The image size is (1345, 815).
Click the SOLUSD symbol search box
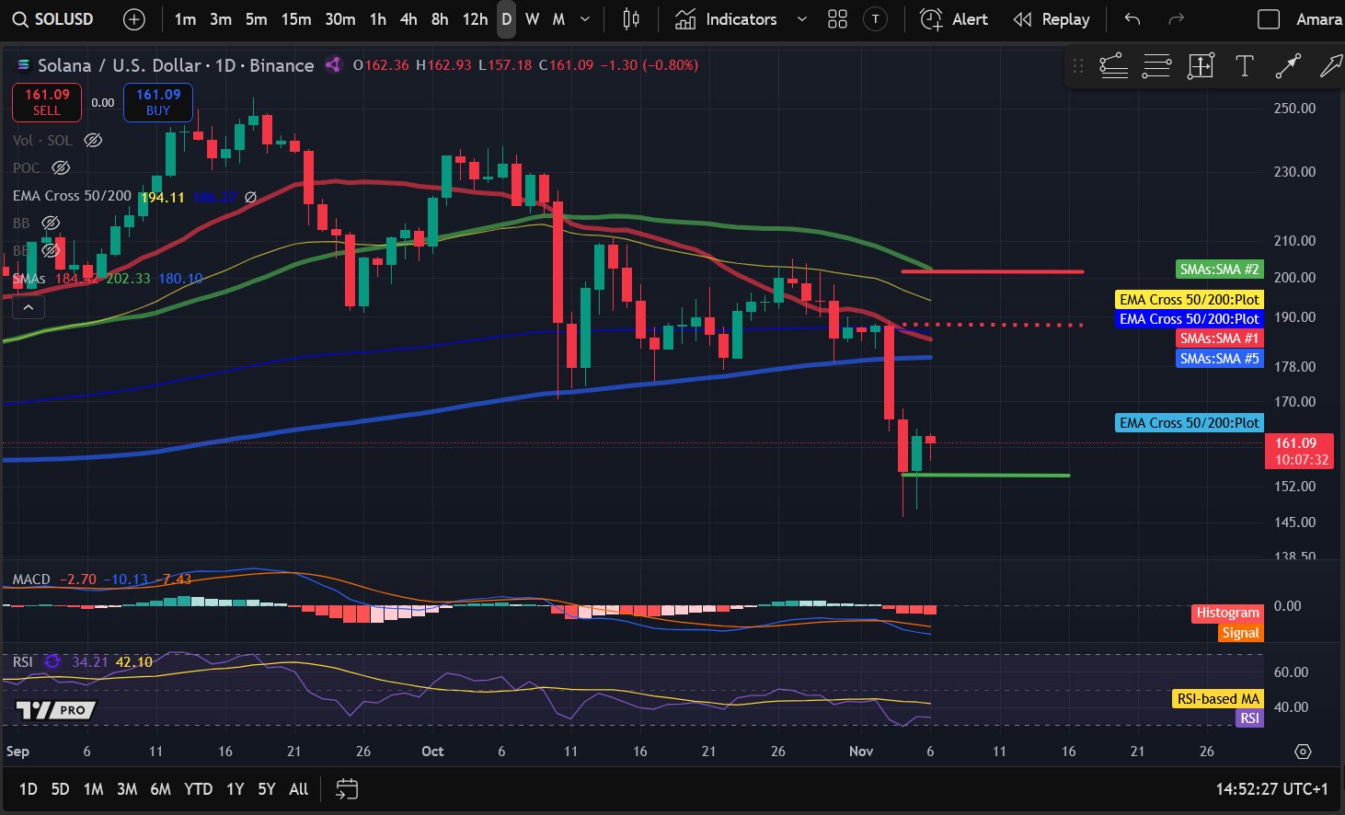(x=55, y=19)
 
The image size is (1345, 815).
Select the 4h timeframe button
(x=408, y=19)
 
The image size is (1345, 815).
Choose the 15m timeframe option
(x=296, y=19)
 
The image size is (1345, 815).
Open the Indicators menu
(x=727, y=19)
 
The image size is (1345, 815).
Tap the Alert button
(x=955, y=19)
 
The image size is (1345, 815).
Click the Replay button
(x=1052, y=19)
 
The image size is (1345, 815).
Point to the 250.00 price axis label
(x=1294, y=109)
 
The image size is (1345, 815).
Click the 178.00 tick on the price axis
(x=1294, y=367)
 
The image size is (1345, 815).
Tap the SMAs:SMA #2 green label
(x=1219, y=270)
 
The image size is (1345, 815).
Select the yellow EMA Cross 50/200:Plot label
(x=1189, y=300)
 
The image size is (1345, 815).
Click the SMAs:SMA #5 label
(x=1219, y=359)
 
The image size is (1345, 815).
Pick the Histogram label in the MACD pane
(x=1227, y=613)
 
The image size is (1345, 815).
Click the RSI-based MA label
(x=1218, y=699)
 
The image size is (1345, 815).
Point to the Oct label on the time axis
(x=432, y=752)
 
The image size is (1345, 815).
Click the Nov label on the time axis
(x=861, y=752)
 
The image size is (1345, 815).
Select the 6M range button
(x=160, y=789)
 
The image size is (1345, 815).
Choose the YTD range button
(x=198, y=789)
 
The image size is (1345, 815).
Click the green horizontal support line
(x=994, y=476)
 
